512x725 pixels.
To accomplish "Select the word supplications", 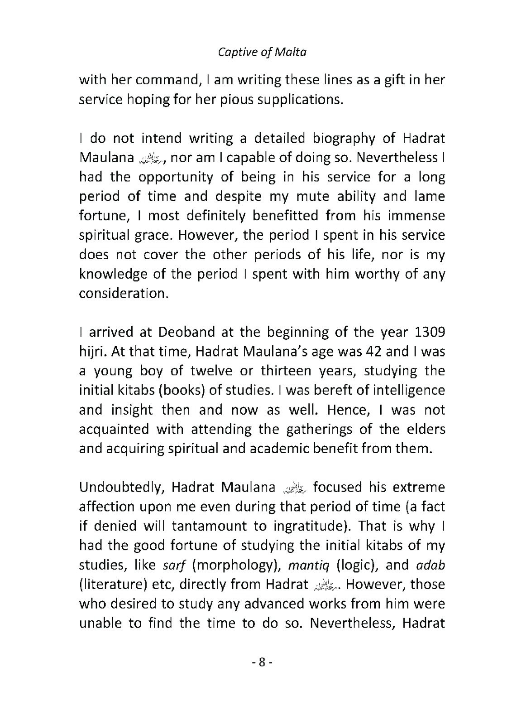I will [298, 100].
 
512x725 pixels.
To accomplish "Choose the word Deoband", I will [186, 332].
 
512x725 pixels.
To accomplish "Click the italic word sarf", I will [173, 565].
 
